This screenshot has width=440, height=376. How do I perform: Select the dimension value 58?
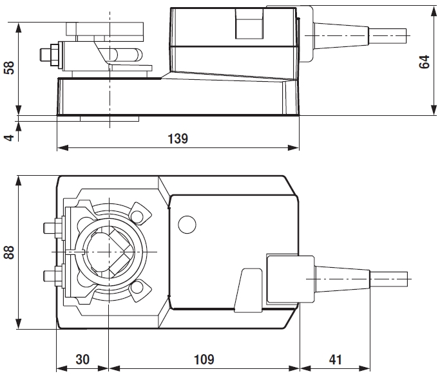[x=9, y=68]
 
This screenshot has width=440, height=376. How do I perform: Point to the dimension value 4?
[x=9, y=137]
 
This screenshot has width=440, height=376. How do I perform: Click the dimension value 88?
[x=9, y=251]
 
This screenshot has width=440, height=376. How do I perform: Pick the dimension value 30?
[x=82, y=359]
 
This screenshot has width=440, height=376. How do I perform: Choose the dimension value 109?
[x=204, y=359]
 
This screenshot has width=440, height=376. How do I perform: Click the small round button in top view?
[x=187, y=225]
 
